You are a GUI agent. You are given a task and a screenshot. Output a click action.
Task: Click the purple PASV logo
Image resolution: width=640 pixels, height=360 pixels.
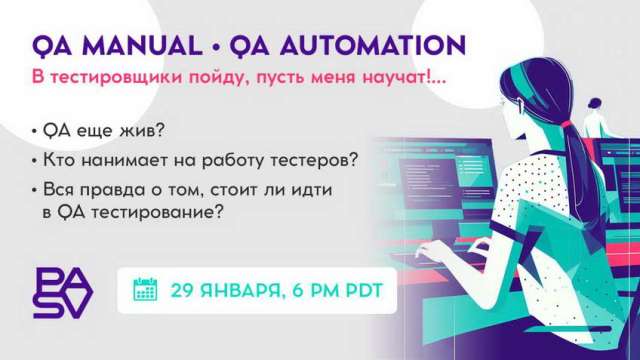[x=62, y=292]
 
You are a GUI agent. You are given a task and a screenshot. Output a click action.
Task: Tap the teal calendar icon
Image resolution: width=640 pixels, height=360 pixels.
[x=146, y=291]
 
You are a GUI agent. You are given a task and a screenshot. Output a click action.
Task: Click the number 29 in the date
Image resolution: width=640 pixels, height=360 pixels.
[x=183, y=291]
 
